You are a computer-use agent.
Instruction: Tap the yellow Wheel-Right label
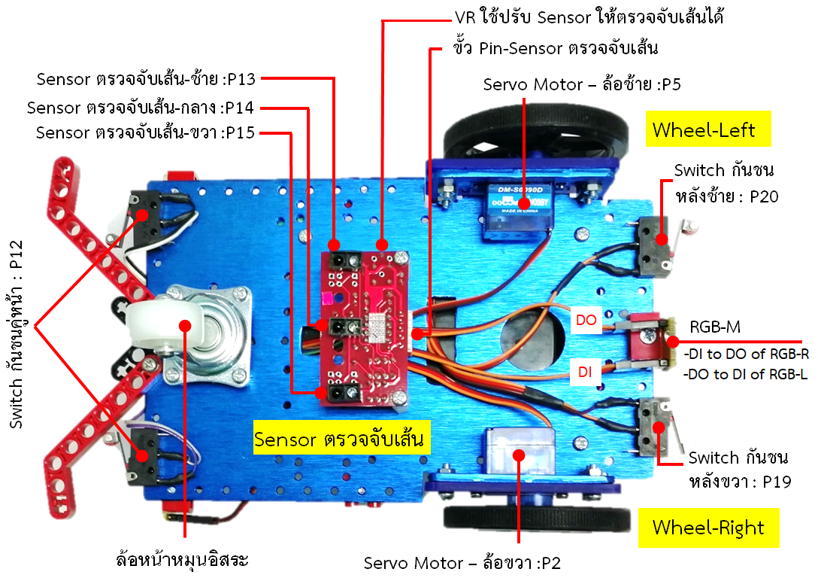click(707, 528)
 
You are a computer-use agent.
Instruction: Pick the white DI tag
click(586, 370)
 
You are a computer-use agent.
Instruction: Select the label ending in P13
click(147, 78)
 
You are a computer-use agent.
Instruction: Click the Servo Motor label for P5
click(583, 84)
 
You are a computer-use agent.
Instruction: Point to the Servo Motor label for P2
click(462, 563)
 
